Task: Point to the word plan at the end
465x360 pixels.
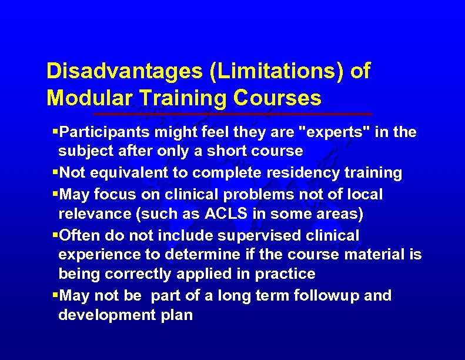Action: point(179,315)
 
